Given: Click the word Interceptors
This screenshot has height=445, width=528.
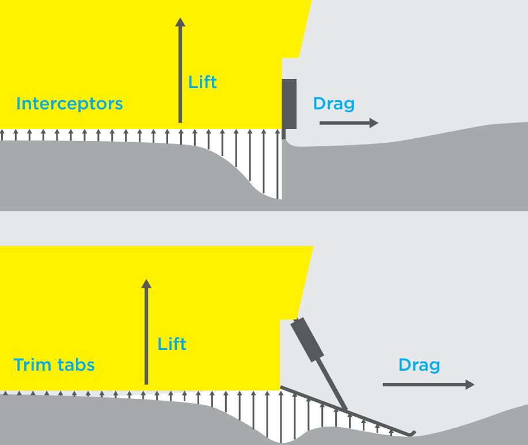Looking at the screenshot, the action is pos(70,104).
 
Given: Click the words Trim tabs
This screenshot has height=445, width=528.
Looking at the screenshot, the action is pos(54,365).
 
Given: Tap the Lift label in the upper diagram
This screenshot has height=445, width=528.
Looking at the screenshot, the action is pos(203,82).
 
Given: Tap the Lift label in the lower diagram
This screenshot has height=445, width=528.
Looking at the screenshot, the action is pos(172,344).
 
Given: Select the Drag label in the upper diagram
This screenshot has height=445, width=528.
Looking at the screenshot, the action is pos(333,104).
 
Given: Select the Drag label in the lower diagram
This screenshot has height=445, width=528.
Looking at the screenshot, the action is pos(419,365).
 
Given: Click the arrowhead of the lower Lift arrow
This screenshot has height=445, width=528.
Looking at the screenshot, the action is pos(146,284).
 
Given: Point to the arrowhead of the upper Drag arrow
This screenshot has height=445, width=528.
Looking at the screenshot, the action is pos(374,123).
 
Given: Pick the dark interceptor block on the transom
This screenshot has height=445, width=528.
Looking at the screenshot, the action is pos(289,104).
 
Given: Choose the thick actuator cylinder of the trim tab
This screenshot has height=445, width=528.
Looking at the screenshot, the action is pos(306,340).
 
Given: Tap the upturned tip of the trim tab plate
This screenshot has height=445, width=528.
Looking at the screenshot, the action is pos(412,432).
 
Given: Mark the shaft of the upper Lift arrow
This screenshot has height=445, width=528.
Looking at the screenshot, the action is pos(180,75).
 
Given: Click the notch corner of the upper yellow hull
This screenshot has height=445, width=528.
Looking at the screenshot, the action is pos(282,58).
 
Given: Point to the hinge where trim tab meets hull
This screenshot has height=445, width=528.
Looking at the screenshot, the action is pos(280,388).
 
